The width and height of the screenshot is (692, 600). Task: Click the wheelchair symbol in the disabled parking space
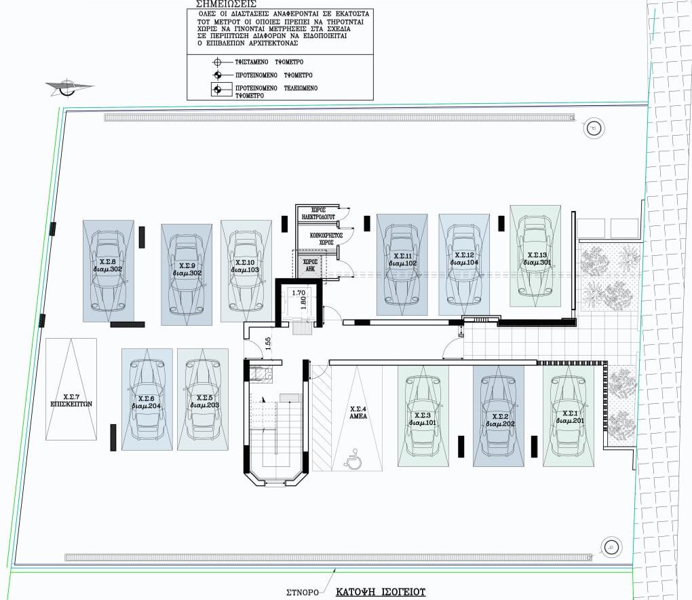[353, 462]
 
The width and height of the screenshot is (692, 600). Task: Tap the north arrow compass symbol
[66, 86]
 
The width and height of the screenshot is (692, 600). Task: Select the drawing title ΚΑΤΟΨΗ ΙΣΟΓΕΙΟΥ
[381, 592]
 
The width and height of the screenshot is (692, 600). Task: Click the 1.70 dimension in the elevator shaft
[296, 293]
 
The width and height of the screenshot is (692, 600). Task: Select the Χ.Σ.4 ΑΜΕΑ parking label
[358, 413]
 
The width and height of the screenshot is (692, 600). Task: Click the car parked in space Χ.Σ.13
[535, 259]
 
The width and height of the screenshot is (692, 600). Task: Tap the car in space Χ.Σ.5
[202, 400]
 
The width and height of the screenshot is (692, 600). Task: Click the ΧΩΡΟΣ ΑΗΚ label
[310, 264]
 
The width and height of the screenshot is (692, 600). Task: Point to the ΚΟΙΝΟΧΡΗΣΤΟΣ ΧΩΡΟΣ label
[325, 238]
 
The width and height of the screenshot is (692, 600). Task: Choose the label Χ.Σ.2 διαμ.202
[499, 419]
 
